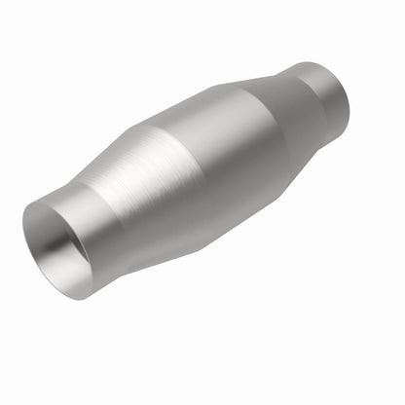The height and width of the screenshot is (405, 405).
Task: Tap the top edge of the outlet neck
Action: click(312, 64)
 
